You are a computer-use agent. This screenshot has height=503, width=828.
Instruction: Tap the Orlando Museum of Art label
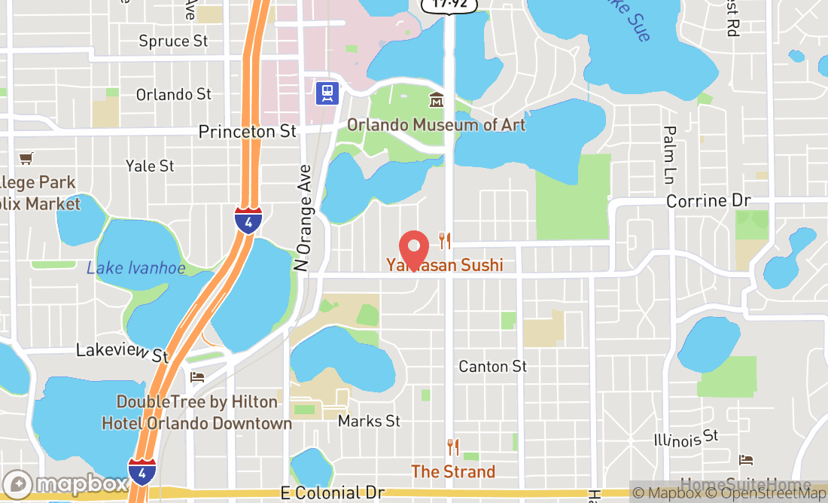(x=437, y=125)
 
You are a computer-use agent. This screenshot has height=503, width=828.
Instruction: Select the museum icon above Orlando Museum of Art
(x=436, y=99)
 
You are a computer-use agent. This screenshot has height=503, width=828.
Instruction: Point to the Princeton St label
(x=247, y=132)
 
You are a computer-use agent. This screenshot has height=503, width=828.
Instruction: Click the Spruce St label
(x=173, y=41)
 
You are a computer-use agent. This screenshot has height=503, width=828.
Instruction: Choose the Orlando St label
(x=174, y=94)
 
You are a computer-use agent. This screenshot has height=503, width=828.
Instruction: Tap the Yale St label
(x=150, y=166)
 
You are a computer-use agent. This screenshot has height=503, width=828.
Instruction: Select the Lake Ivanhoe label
(x=135, y=268)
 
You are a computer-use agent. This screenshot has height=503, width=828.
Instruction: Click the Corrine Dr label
(x=708, y=202)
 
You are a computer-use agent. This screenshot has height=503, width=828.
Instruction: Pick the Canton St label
(x=493, y=367)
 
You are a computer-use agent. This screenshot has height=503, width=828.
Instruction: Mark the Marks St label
(x=369, y=421)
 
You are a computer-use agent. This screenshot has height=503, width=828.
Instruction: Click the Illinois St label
(x=686, y=438)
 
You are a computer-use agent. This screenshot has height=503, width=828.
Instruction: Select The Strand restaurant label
(x=453, y=472)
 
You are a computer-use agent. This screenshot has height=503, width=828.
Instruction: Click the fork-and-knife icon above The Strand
(x=452, y=447)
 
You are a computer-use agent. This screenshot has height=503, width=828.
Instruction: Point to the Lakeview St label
(x=123, y=352)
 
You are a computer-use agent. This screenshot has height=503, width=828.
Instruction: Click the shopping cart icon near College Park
(x=26, y=158)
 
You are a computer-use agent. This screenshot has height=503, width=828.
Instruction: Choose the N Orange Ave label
(x=303, y=218)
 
